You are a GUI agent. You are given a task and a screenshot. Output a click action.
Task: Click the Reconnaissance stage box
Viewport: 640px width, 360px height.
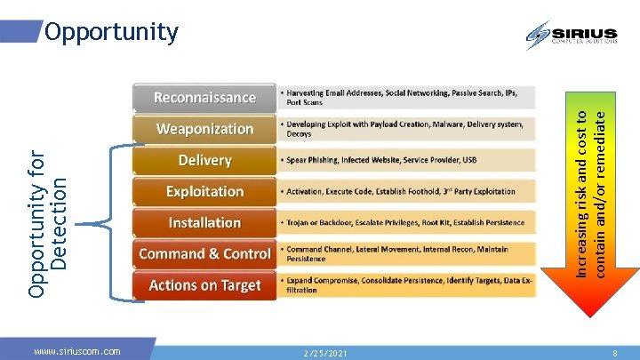click(x=204, y=98)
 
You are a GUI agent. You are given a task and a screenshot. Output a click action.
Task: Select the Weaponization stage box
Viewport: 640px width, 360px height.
click(x=204, y=129)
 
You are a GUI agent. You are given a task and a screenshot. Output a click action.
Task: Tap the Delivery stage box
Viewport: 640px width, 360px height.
click(x=204, y=160)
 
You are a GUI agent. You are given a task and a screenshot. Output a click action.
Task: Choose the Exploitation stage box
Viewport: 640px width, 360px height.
click(x=204, y=191)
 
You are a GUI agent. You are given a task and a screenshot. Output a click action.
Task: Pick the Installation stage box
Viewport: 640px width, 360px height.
click(x=204, y=222)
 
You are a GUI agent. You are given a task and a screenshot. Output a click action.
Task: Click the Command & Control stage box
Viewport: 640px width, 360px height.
click(x=204, y=254)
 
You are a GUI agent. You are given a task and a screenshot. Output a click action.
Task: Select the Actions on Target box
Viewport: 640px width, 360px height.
click(x=204, y=285)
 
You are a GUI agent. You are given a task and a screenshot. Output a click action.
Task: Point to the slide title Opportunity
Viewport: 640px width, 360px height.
click(x=111, y=33)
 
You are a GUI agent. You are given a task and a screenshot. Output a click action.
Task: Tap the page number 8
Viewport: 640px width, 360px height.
click(x=614, y=353)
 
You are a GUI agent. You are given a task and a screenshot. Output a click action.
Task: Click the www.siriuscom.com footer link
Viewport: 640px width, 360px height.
click(x=76, y=352)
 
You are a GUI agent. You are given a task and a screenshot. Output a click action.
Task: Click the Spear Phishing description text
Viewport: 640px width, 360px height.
click(x=381, y=161)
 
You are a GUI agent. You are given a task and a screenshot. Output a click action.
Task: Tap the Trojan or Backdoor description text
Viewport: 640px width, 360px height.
click(x=404, y=223)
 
